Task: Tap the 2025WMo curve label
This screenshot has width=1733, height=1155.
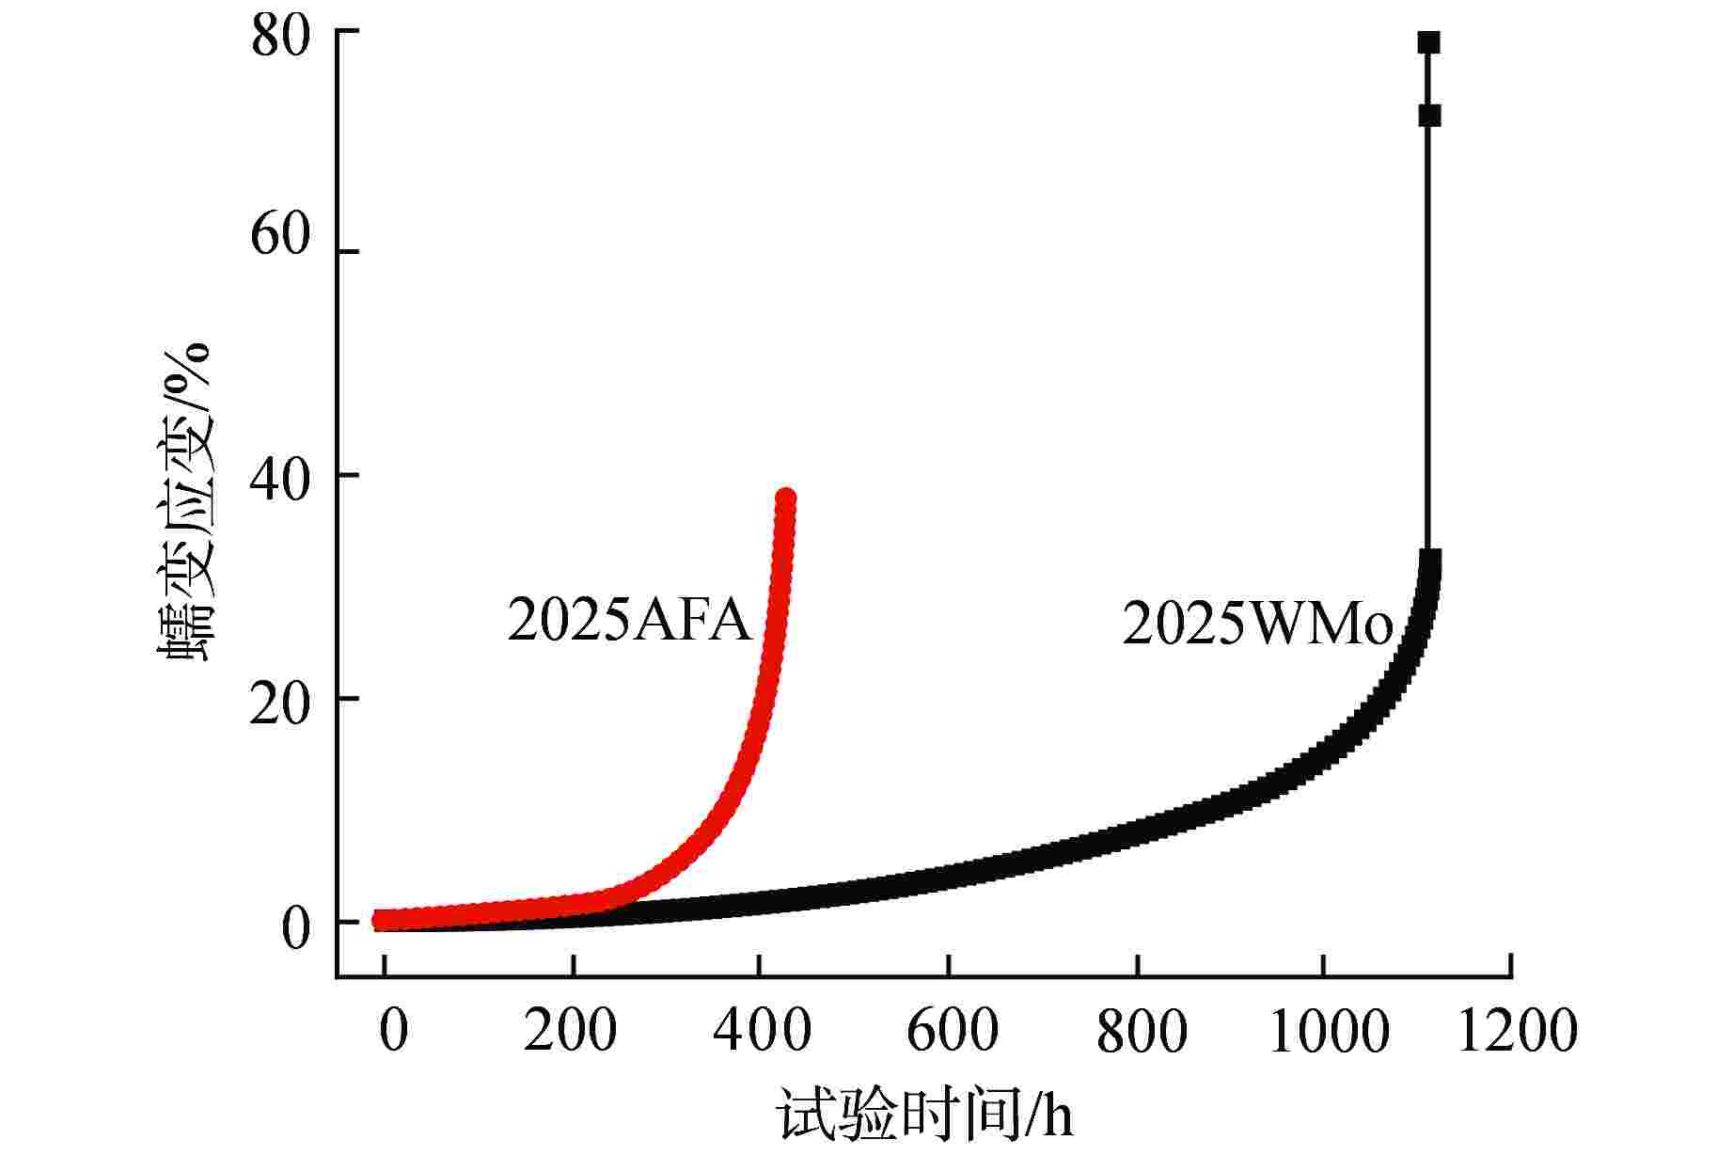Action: (x=1256, y=625)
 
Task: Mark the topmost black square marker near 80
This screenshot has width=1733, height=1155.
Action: (x=1428, y=42)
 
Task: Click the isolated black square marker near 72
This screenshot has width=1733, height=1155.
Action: (x=1429, y=116)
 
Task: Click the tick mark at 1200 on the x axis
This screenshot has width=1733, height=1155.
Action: (x=1511, y=966)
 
